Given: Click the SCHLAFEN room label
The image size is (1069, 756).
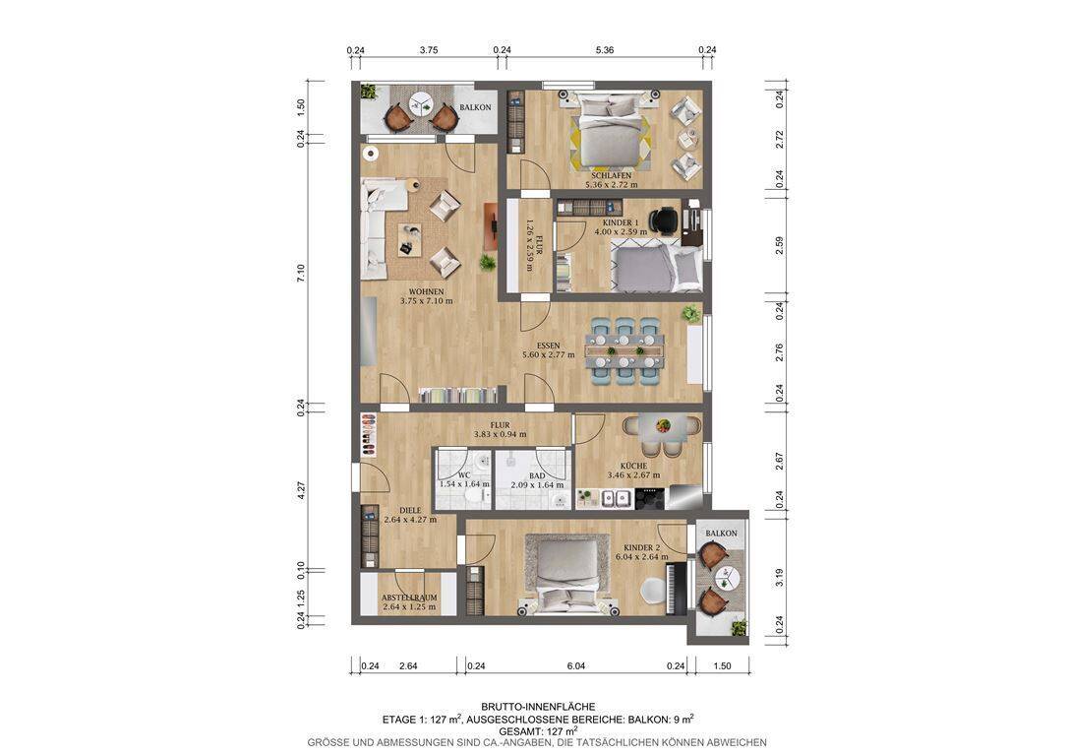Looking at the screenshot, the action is (x=611, y=175).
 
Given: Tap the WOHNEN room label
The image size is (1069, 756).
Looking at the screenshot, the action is (x=426, y=292).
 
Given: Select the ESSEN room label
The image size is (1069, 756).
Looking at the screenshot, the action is (x=548, y=346).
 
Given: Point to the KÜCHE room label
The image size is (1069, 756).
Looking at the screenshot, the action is (x=634, y=467).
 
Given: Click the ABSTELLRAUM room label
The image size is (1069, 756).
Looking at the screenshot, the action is (x=409, y=598).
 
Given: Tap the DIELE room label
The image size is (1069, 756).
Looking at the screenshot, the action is (x=410, y=510).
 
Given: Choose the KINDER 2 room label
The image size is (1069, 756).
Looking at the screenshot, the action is (x=641, y=548).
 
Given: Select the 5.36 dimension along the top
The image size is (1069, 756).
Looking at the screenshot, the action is (x=605, y=50).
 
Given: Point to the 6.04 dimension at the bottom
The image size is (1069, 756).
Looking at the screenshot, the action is (x=576, y=666).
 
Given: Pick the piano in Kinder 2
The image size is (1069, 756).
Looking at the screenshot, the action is (x=678, y=588).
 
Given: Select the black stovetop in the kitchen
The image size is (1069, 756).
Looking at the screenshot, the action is (x=650, y=498).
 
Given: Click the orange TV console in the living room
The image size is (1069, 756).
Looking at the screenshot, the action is (x=490, y=225).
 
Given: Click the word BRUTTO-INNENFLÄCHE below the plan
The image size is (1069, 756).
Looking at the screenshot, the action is (x=538, y=708).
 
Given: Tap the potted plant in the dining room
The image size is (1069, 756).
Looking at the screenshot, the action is (x=691, y=314).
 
